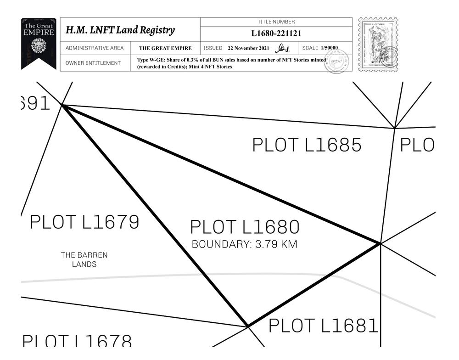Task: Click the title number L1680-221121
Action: [x=276, y=34]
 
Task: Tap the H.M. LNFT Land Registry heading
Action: [x=120, y=30]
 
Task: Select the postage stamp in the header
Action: [x=378, y=45]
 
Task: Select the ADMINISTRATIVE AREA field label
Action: [x=95, y=48]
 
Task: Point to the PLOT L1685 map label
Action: [x=307, y=145]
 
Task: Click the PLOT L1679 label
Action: [x=84, y=222]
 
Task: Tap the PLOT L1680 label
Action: [x=245, y=227]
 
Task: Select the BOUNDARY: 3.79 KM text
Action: [x=245, y=244]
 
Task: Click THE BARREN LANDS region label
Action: [x=84, y=259]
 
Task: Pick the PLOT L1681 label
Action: [x=323, y=326]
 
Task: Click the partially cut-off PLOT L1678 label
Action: [x=77, y=342]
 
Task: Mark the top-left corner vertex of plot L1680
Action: [x=63, y=105]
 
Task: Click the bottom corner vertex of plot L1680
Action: [x=248, y=326]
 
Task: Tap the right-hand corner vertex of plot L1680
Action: [x=380, y=243]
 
